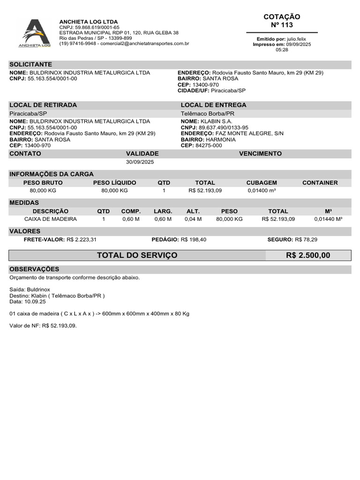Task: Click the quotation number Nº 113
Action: (x=282, y=25)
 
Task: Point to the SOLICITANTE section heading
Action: (x=30, y=64)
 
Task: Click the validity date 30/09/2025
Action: (x=140, y=162)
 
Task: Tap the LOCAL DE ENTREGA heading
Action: (x=213, y=105)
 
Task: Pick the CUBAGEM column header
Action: (x=262, y=183)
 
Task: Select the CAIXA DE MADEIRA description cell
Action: (x=51, y=219)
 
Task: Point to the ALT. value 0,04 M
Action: (x=194, y=219)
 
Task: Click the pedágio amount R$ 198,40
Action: (x=193, y=240)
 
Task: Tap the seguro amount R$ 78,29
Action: (x=306, y=240)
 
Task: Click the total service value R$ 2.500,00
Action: (x=308, y=255)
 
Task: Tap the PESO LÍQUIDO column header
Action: (x=114, y=183)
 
